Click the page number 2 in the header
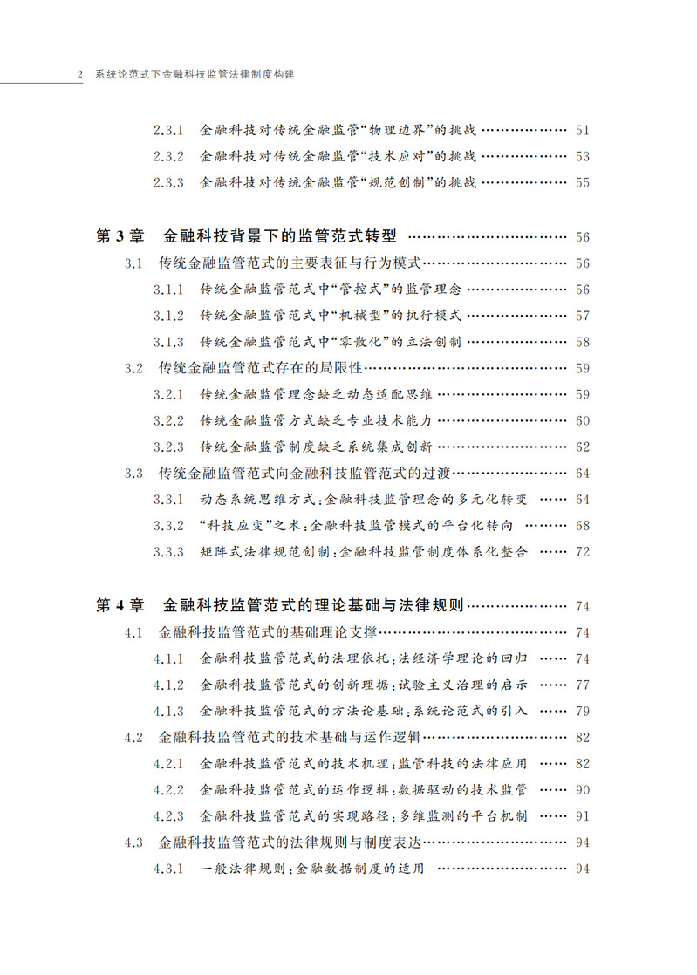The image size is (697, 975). point(79,75)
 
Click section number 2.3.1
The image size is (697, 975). point(167,131)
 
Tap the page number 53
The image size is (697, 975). point(583,157)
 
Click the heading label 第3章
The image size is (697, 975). point(116,237)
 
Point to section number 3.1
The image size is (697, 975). point(133,263)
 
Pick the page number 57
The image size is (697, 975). point(583,316)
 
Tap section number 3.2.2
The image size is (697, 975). point(167,421)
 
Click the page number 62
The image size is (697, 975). point(583,447)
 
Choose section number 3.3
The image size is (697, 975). point(133,474)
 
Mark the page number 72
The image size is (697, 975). point(583,552)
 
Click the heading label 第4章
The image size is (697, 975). point(116,606)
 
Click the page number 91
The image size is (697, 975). point(583,816)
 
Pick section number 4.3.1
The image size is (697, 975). point(167,869)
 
